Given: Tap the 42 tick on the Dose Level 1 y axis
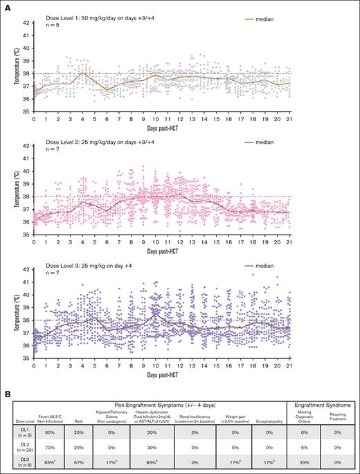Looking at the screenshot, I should [x=24, y=23].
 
